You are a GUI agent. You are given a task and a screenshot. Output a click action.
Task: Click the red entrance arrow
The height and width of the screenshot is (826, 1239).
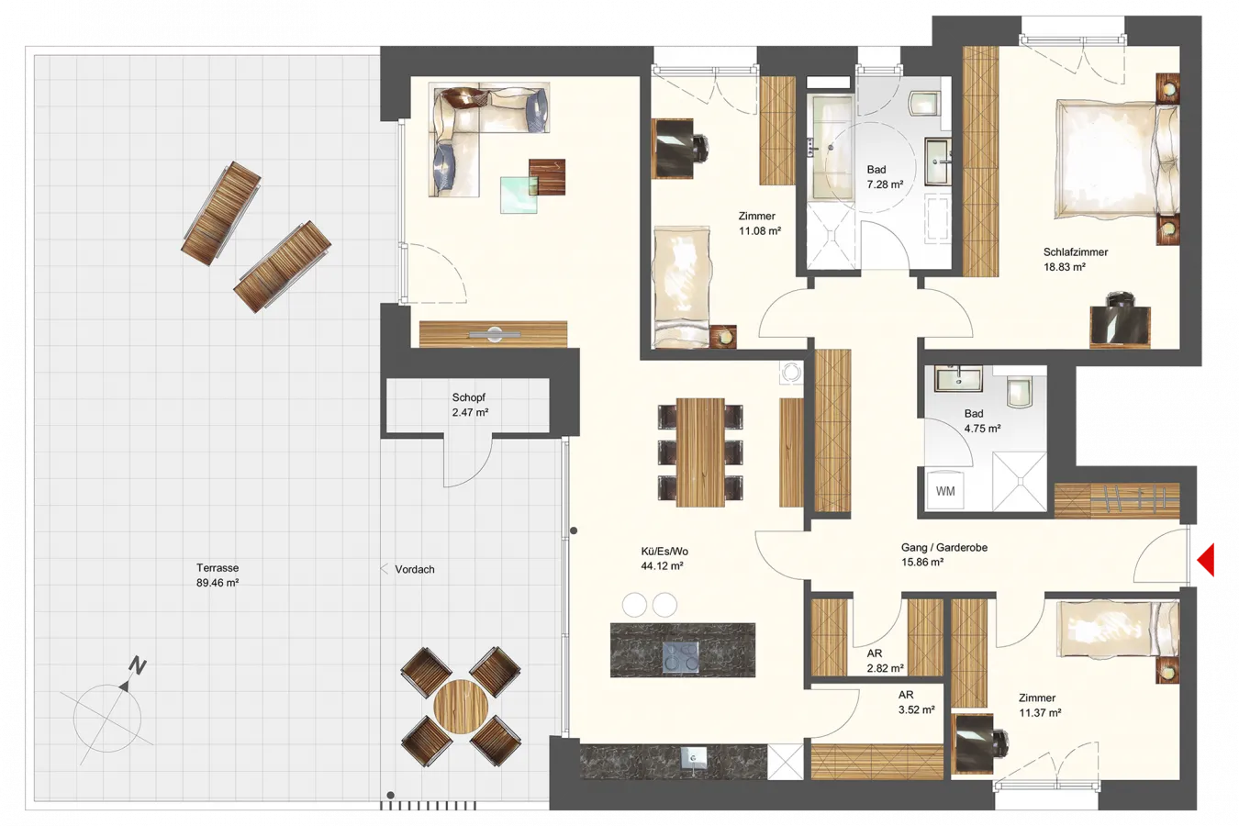coord(1207,560)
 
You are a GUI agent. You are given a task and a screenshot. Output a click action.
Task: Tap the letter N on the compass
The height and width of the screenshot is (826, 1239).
coord(138,665)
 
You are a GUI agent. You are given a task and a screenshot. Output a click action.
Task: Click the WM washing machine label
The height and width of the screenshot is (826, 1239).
coord(945,491)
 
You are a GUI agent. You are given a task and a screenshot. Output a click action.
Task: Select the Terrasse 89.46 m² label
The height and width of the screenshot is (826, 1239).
coord(218,575)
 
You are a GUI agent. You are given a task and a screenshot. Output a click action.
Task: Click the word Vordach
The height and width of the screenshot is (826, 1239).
coord(414,569)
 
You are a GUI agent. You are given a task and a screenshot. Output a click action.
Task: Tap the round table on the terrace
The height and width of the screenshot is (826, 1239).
coord(461,707)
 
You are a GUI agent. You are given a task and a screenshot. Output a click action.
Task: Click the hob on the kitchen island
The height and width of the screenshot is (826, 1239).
coord(680,658)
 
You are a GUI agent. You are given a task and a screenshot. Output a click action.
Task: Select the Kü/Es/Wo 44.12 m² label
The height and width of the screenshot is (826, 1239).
coord(663,558)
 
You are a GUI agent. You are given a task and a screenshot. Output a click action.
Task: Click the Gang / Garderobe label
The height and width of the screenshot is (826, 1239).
coord(944,547)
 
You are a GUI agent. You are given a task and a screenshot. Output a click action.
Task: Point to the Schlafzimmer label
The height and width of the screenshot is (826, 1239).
coord(1076,251)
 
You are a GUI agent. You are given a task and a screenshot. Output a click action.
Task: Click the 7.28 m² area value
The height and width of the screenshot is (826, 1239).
coord(885,184)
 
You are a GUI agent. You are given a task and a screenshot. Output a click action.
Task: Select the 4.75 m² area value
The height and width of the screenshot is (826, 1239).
coord(982,429)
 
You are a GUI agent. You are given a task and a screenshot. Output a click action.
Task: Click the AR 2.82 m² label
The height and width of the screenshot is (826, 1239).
coord(885,661)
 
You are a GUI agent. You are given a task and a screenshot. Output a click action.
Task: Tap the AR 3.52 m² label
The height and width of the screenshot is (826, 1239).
coord(917,702)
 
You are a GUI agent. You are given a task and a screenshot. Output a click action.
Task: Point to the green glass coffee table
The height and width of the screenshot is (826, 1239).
coord(519,195)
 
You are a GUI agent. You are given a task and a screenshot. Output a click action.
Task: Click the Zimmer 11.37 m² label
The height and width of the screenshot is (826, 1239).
coord(1040,706)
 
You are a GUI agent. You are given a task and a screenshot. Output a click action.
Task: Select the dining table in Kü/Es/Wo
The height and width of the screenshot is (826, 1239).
coord(700,452)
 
